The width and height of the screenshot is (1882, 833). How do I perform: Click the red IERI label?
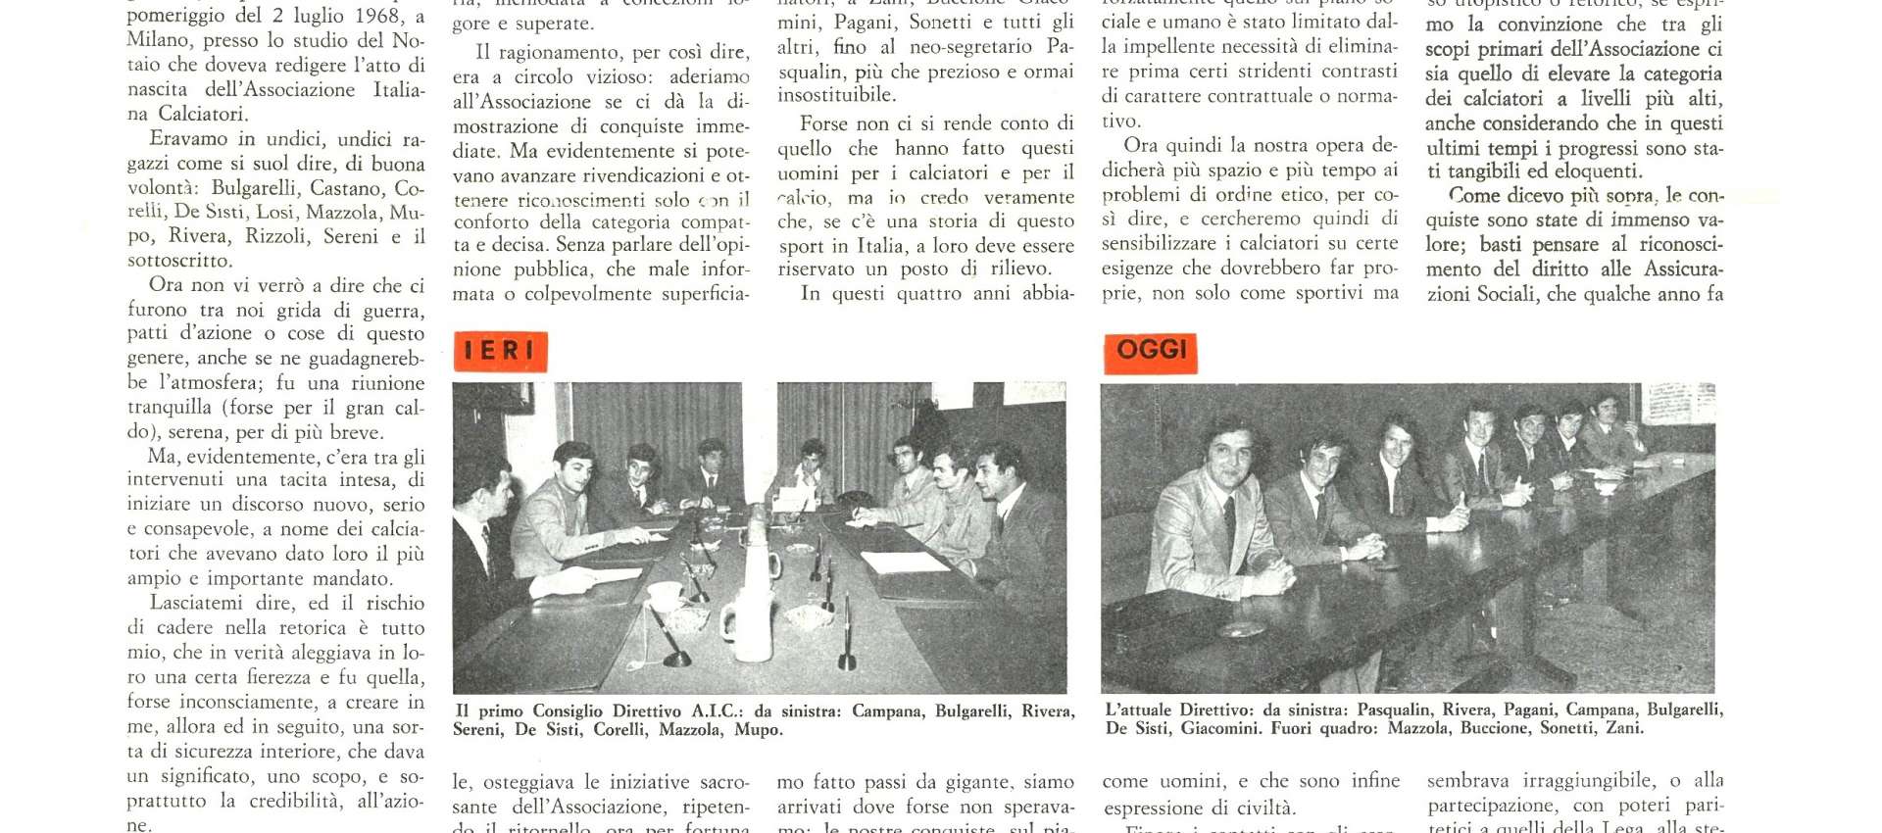(x=500, y=351)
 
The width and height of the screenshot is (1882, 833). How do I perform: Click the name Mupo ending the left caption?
(x=758, y=729)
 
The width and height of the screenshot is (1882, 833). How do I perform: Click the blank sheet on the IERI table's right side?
(x=904, y=563)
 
